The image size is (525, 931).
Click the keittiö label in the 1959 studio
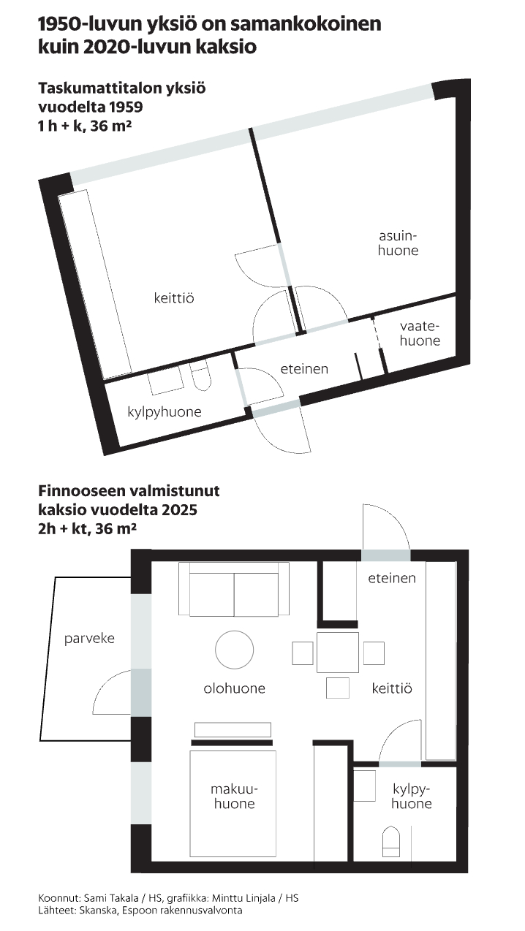pyautogui.click(x=174, y=298)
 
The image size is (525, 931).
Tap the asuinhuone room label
pyautogui.click(x=398, y=243)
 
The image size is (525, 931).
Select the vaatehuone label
pyautogui.click(x=420, y=333)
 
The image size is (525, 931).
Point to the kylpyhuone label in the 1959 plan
pyautogui.click(x=165, y=412)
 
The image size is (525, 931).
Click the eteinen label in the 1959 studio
pyautogui.click(x=304, y=368)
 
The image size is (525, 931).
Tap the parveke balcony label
pyautogui.click(x=89, y=639)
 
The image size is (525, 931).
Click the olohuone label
pyautogui.click(x=234, y=688)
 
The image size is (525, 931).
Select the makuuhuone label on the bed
pyautogui.click(x=234, y=797)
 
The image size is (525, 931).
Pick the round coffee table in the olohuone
pyautogui.click(x=234, y=650)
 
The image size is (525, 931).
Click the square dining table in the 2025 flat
pyautogui.click(x=337, y=652)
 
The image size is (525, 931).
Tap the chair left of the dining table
pyautogui.click(x=303, y=653)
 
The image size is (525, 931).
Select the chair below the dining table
pyautogui.click(x=337, y=688)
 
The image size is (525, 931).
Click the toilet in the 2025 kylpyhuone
pyautogui.click(x=390, y=841)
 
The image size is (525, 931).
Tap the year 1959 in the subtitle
pyautogui.click(x=126, y=107)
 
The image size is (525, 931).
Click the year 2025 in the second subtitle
pyautogui.click(x=180, y=509)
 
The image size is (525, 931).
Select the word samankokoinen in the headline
pyautogui.click(x=306, y=24)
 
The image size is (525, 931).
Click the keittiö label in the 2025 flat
pyautogui.click(x=392, y=688)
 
